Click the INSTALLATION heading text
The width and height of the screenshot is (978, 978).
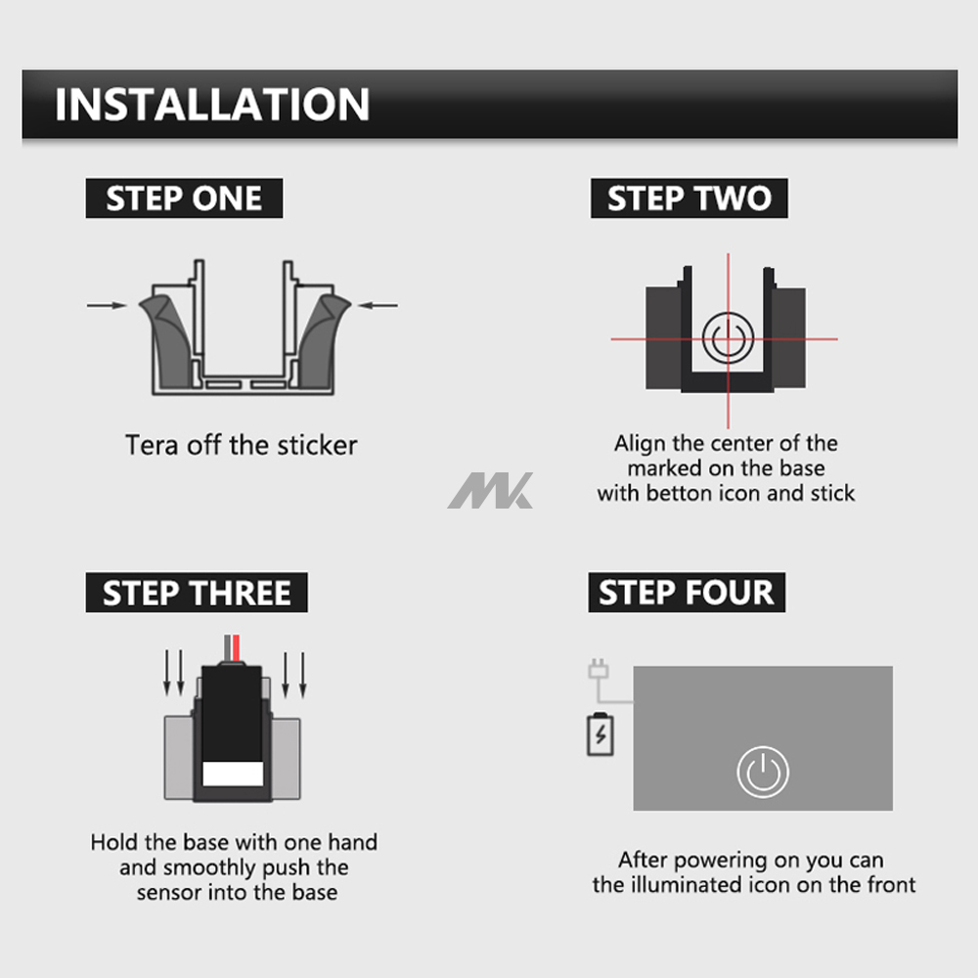[212, 105]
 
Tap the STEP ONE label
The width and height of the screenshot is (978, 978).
[184, 199]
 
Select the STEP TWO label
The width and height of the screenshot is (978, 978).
[689, 199]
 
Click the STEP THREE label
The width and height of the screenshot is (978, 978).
[197, 594]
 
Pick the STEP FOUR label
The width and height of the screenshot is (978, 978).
[686, 593]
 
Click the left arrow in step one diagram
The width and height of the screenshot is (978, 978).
[107, 305]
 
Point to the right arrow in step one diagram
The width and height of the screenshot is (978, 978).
[378, 305]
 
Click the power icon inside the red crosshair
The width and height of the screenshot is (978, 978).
[725, 339]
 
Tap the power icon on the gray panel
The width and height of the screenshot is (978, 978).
[763, 772]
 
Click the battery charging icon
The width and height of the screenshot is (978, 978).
[600, 734]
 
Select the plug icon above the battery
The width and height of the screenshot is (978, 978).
[599, 672]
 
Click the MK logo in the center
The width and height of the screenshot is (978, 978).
[491, 490]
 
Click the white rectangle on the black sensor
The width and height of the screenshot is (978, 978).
[234, 775]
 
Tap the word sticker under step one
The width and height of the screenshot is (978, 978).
[317, 446]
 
